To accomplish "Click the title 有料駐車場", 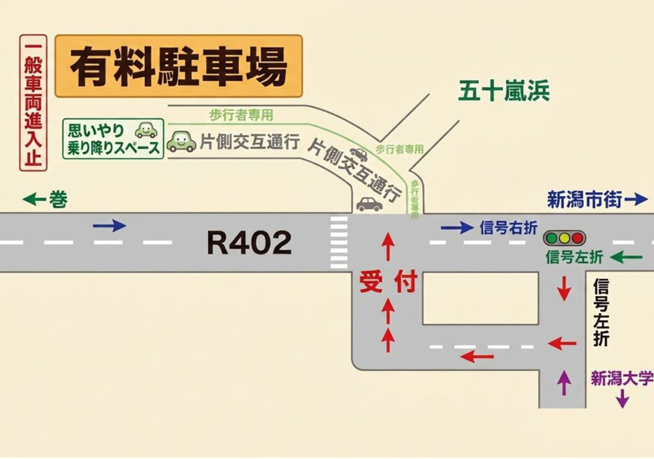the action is pos(178,66).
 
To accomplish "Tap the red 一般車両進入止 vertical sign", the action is pos(33,103).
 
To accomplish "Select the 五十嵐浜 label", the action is pos(504,92).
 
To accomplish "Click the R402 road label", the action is pos(249,243).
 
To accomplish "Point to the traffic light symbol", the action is pos(564,238).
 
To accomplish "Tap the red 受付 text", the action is pos(388,282).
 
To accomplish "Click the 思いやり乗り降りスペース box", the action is pos(113,138).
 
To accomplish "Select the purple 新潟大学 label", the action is pos(622,379).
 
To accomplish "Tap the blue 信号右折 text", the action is pos(508,228).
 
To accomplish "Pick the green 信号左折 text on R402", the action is pos(574,258).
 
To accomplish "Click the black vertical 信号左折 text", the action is pos(601,312).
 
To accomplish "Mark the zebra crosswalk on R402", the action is pos(338,243).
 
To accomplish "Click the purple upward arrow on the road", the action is pos(565,383).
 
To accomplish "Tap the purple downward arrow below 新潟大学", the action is pos(622,399).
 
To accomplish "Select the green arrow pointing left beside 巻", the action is pos(34,200).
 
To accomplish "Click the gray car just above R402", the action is pos(370,204).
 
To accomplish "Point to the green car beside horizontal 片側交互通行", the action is pos(181,142).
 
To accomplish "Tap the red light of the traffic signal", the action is pos(577,238).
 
